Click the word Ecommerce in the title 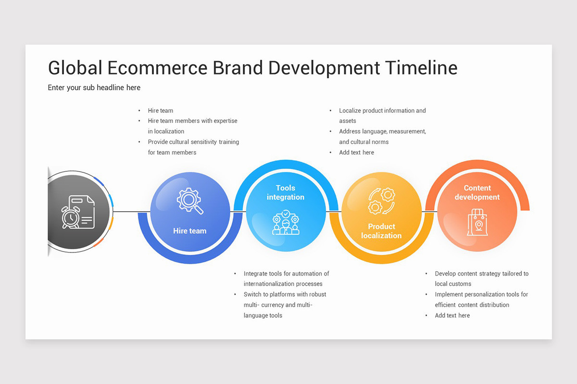click(157, 68)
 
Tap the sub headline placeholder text click(94, 88)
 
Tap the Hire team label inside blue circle click(190, 231)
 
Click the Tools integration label click(286, 192)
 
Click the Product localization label click(381, 231)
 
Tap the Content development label click(477, 192)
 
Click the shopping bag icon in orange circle click(477, 222)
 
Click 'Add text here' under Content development click(452, 315)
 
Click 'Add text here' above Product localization click(356, 152)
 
